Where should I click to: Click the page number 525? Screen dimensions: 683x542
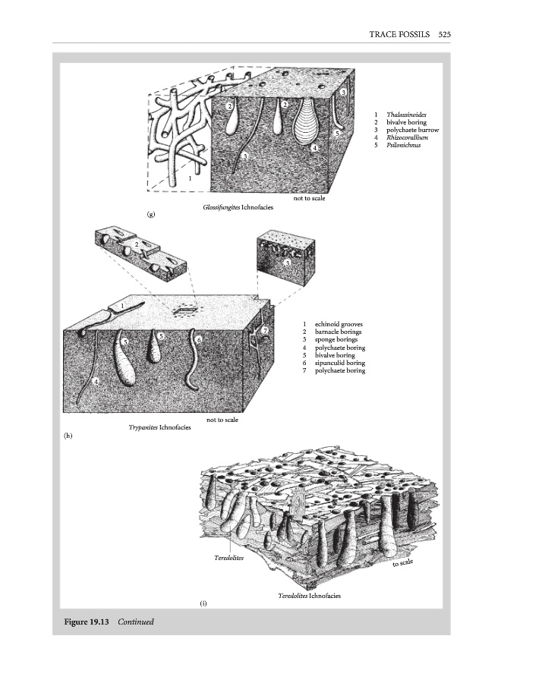pyautogui.click(x=446, y=34)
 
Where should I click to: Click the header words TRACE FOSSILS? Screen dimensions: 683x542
pyautogui.click(x=399, y=34)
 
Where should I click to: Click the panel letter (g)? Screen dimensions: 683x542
pyautogui.click(x=152, y=216)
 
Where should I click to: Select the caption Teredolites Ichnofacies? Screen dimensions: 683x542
pyautogui.click(x=309, y=596)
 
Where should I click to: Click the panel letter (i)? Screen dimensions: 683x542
pyautogui.click(x=203, y=603)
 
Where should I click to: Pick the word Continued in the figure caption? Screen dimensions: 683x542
pyautogui.click(x=136, y=622)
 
